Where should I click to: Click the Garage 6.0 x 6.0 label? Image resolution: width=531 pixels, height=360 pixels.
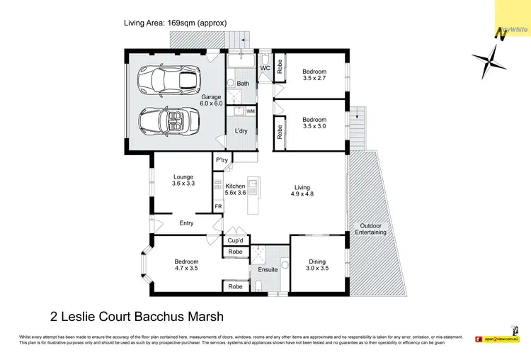click(211, 100)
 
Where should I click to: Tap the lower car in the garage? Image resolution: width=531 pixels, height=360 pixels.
click(167, 121)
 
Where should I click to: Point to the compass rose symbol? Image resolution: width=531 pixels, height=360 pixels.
click(487, 62)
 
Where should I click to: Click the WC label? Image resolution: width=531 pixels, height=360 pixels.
click(265, 68)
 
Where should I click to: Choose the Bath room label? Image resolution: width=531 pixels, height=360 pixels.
click(243, 84)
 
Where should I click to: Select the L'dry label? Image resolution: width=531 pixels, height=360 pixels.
click(241, 130)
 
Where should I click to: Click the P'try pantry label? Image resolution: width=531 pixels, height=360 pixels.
click(222, 160)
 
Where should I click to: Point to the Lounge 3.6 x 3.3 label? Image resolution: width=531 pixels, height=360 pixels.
click(183, 179)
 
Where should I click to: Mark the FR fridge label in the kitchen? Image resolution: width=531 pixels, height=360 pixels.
click(218, 207)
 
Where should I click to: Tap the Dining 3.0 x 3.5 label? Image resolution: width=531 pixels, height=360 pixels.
click(317, 266)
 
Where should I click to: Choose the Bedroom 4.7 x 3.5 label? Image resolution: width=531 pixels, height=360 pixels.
click(187, 265)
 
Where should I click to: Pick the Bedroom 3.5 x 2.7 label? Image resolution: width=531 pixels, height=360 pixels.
click(314, 76)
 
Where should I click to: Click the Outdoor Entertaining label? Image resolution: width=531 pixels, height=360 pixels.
click(371, 228)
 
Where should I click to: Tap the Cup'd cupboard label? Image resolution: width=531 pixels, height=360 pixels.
click(235, 240)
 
